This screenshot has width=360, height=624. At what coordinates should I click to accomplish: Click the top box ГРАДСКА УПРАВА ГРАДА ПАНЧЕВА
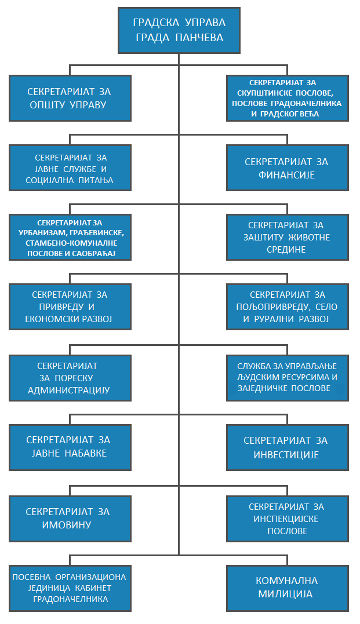[179, 31]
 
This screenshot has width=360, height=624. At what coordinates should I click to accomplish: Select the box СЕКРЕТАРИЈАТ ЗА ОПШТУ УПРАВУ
[70, 98]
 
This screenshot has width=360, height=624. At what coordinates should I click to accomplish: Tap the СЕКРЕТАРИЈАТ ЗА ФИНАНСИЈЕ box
[287, 168]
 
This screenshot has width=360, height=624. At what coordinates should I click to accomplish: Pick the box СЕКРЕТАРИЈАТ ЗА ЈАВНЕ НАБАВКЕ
[70, 447]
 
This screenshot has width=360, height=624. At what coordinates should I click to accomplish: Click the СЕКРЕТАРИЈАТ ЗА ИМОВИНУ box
[70, 518]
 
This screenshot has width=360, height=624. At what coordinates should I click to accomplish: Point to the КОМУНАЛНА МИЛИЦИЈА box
[287, 587]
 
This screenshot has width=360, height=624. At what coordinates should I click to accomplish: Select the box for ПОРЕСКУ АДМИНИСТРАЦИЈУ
[70, 378]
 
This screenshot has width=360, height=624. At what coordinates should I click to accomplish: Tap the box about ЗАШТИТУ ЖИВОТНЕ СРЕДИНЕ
[287, 238]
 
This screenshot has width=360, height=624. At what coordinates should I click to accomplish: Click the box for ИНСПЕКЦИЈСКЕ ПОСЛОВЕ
[287, 519]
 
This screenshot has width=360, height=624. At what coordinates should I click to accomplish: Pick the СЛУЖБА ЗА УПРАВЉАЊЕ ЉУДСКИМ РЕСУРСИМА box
[287, 377]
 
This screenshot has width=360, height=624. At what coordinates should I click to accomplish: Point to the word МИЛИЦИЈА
[287, 594]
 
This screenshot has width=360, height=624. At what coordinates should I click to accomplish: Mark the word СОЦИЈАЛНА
[54, 180]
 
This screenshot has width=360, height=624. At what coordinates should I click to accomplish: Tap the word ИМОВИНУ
[70, 525]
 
